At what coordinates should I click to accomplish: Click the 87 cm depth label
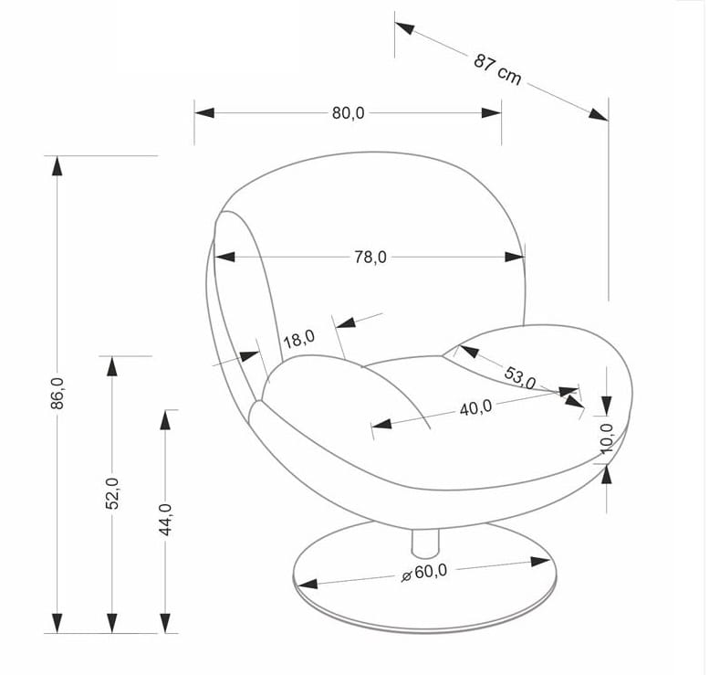click(x=497, y=69)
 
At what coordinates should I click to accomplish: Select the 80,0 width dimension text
click(x=348, y=113)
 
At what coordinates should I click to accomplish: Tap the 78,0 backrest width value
click(x=370, y=258)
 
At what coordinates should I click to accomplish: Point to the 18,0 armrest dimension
click(x=299, y=339)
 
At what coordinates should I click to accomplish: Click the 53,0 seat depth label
click(x=520, y=377)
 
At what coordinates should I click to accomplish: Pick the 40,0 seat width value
click(x=475, y=407)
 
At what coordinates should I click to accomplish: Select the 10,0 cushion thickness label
click(x=607, y=438)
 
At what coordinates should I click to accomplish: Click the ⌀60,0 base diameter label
click(x=423, y=573)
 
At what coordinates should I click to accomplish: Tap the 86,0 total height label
click(x=57, y=394)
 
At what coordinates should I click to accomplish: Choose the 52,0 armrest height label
click(x=112, y=493)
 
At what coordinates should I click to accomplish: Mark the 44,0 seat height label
click(x=165, y=520)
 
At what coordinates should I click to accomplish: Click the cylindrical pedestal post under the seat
click(x=425, y=543)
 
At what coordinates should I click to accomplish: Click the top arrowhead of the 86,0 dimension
click(x=57, y=166)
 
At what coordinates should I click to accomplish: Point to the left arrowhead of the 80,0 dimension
click(x=204, y=112)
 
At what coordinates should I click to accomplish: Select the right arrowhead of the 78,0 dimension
click(x=515, y=257)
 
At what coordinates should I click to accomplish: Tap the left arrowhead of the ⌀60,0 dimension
click(x=308, y=584)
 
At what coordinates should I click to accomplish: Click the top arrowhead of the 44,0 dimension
click(x=165, y=419)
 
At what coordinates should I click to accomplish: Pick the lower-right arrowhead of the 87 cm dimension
click(x=599, y=114)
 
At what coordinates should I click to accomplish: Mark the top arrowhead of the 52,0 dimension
click(x=112, y=366)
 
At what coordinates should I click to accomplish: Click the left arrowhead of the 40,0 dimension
click(x=382, y=424)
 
